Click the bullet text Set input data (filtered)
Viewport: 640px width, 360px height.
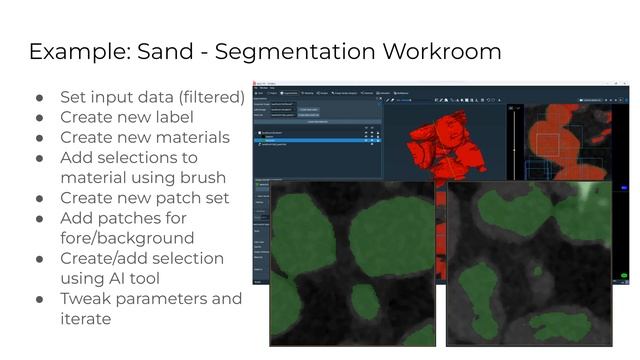click(151, 97)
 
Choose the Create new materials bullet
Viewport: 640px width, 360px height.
click(144, 137)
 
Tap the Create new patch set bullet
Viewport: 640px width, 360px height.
click(144, 198)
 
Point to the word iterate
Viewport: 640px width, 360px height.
click(85, 318)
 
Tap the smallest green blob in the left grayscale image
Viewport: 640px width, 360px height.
click(365, 301)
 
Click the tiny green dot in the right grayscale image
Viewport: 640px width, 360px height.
click(536, 271)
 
